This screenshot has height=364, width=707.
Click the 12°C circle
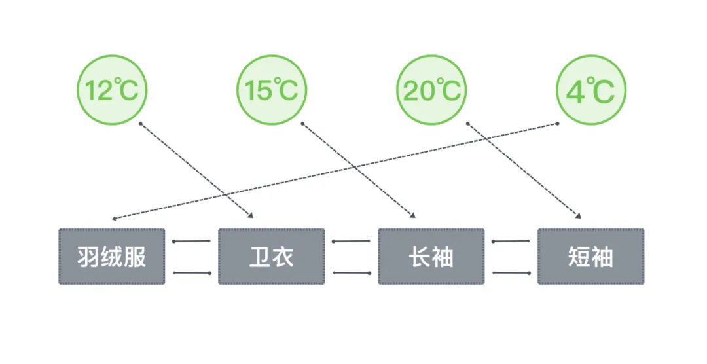tap(112, 91)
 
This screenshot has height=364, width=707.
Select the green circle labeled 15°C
tap(271, 91)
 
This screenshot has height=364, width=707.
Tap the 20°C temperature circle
tap(431, 91)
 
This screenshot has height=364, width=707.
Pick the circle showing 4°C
tap(590, 91)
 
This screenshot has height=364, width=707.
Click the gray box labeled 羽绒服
tap(112, 257)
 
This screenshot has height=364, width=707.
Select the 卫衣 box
tap(271, 257)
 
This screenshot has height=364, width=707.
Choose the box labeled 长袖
tap(431, 257)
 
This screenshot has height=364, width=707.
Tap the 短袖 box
tap(590, 257)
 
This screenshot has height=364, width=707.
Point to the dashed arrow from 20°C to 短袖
tap(524, 170)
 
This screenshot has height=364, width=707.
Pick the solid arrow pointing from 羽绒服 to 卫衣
tap(191, 241)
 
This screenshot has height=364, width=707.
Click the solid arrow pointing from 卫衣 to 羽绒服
tap(191, 272)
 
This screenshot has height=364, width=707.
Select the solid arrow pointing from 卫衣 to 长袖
tap(352, 241)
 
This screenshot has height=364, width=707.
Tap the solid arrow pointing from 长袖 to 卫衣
tap(352, 272)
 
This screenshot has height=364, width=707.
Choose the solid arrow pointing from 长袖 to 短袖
tap(511, 241)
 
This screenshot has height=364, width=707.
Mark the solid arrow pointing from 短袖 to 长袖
tap(511, 272)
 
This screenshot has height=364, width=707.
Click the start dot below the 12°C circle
tap(140, 123)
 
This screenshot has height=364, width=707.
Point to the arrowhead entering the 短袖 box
tap(578, 215)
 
